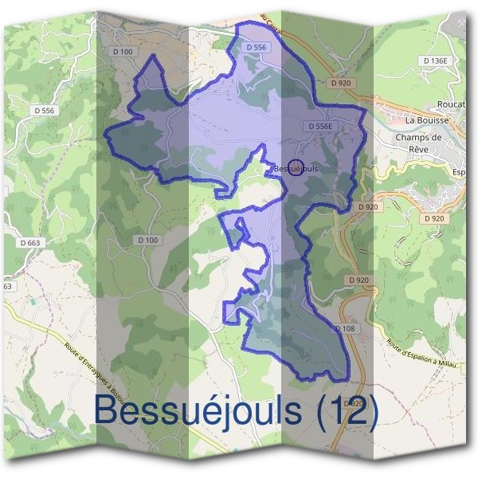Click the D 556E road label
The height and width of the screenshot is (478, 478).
[x=319, y=126]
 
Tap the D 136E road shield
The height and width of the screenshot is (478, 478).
[x=437, y=61]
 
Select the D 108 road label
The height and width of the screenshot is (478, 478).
[x=344, y=328]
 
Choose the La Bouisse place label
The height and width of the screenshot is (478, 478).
[x=427, y=120]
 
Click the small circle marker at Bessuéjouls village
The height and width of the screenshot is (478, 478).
[x=296, y=168]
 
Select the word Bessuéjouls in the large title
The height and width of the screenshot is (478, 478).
[x=199, y=411]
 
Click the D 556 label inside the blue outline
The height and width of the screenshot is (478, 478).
[x=256, y=48]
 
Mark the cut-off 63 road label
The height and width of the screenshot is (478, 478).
[x=8, y=286]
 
